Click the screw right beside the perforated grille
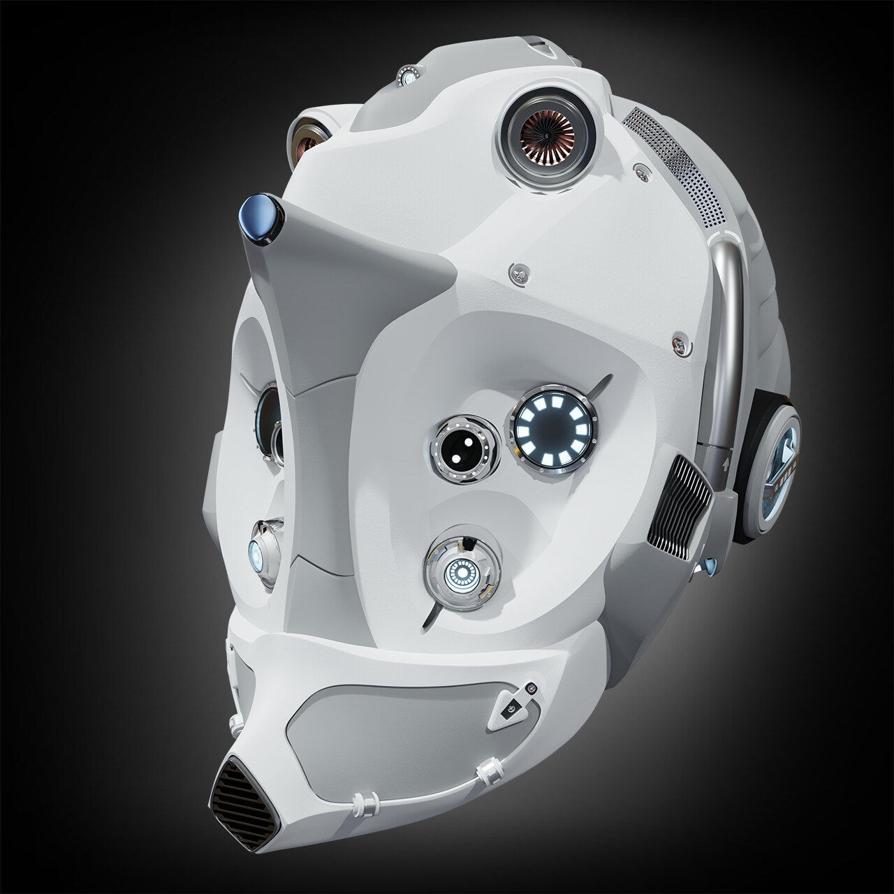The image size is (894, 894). (640, 168)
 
